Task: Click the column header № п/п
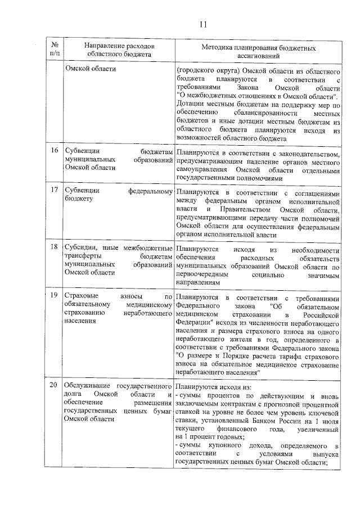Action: (x=55, y=49)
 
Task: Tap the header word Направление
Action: (x=105, y=45)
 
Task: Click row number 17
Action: (x=55, y=190)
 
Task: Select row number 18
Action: (x=55, y=249)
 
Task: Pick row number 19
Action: (x=55, y=296)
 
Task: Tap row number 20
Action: (x=55, y=386)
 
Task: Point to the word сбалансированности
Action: (x=246, y=113)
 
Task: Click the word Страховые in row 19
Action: (x=83, y=296)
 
